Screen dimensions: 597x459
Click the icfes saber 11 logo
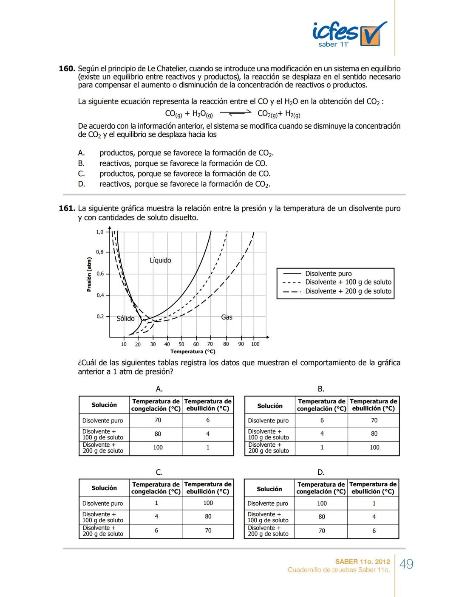[x=349, y=34]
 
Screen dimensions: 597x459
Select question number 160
[x=67, y=69]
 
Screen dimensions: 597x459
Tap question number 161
[x=67, y=208]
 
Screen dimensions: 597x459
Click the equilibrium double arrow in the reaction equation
[x=235, y=113]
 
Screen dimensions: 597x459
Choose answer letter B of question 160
[x=81, y=163]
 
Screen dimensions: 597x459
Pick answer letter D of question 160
[x=81, y=184]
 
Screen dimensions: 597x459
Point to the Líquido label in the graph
[x=160, y=260]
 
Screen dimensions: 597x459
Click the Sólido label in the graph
[x=125, y=318]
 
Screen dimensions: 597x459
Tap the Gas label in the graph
[x=227, y=317]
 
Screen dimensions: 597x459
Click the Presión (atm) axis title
[x=89, y=274]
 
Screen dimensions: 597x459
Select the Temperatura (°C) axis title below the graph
[x=193, y=352]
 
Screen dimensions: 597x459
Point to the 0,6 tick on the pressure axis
[x=100, y=274]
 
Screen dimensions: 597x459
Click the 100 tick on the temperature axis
[x=255, y=344]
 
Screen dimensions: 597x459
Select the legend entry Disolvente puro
[x=328, y=274]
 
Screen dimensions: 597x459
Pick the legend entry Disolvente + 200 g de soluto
[x=348, y=291]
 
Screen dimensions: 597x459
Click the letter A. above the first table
[x=159, y=389]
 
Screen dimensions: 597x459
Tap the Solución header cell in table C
[x=104, y=488]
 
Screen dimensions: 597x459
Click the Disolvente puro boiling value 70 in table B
[x=374, y=420]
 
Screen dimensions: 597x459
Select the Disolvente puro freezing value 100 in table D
[x=322, y=504]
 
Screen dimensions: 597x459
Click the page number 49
[x=406, y=564]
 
